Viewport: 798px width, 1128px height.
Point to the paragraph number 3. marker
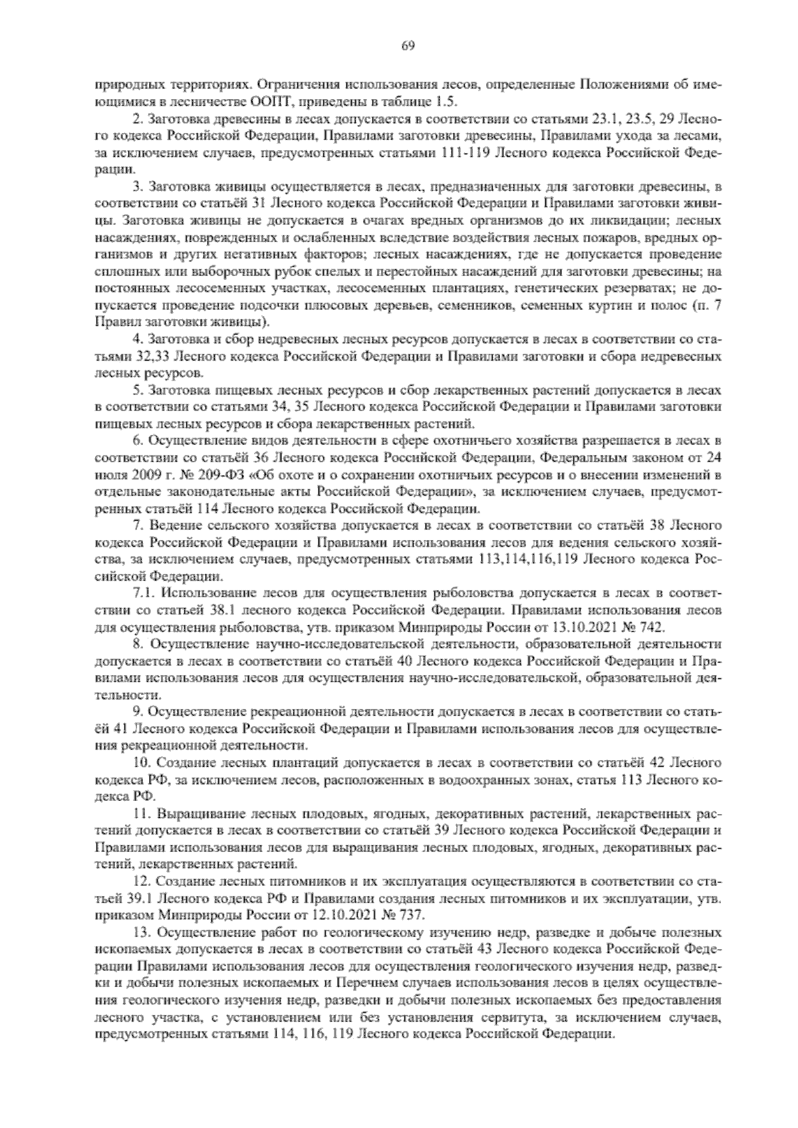(x=138, y=187)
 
